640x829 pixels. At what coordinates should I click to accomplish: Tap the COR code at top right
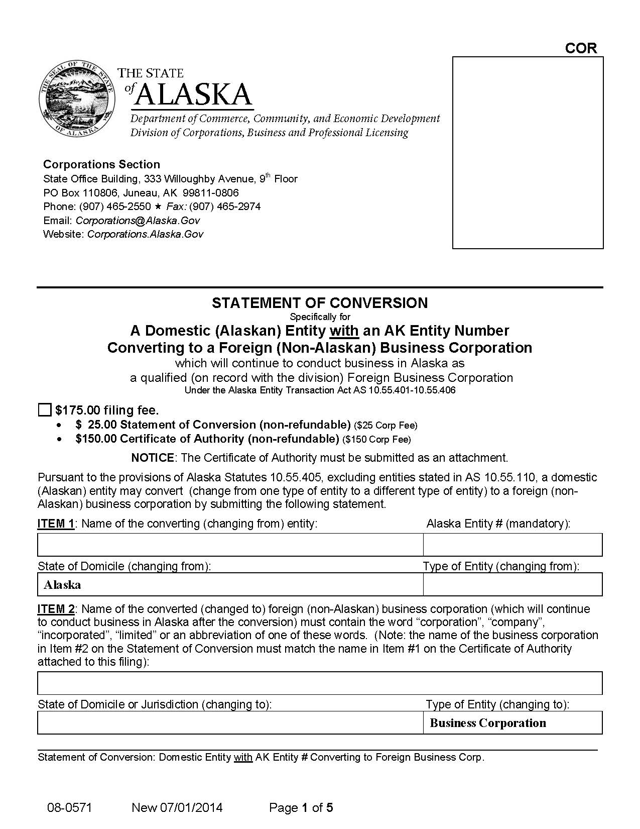[x=581, y=48]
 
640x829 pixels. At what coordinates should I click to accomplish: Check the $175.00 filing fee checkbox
[x=45, y=410]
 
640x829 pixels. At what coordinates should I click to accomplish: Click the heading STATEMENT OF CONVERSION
[x=320, y=303]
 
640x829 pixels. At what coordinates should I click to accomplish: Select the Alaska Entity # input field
[x=513, y=545]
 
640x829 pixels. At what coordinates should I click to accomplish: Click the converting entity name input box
[x=230, y=545]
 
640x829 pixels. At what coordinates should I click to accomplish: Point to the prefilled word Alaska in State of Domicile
[x=62, y=585]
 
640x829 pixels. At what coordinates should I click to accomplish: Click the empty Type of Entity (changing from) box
[x=513, y=585]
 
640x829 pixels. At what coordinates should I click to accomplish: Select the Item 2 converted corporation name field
[x=320, y=683]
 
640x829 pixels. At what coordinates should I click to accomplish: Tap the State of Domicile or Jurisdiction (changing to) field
[x=230, y=723]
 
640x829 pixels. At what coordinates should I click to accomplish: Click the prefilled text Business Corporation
[x=488, y=723]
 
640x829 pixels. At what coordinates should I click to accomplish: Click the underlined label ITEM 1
[x=56, y=524]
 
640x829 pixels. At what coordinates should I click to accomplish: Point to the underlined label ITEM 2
[x=56, y=609]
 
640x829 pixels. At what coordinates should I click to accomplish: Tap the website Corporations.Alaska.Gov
[x=145, y=234]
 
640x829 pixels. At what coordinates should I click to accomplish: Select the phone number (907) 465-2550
[x=115, y=206]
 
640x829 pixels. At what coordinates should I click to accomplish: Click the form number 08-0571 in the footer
[x=70, y=808]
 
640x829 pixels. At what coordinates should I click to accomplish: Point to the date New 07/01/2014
[x=177, y=808]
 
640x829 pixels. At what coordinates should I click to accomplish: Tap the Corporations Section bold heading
[x=101, y=164]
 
